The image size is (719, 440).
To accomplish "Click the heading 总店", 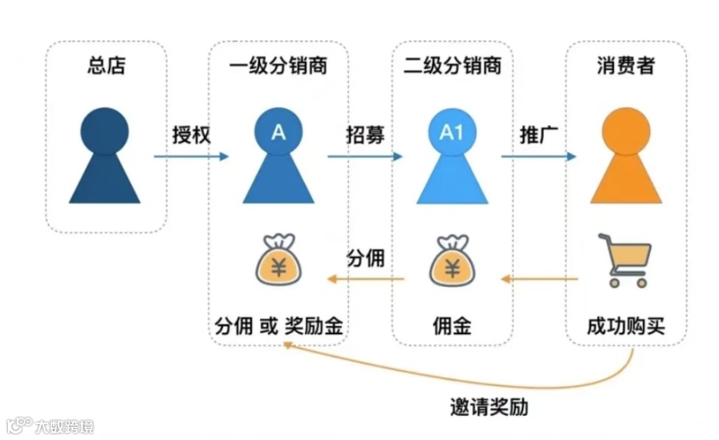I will coord(106,66).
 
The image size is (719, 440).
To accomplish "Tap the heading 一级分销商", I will coord(278,66).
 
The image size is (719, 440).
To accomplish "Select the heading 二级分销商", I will coord(452,66).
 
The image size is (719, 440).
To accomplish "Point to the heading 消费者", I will coord(626,66).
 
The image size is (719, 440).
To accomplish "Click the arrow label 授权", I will coord(191,135).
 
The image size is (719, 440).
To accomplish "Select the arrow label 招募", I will coord(365,135).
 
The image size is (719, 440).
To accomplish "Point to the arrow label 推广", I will coord(538,135).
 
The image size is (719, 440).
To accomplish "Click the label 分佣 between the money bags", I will coord(365,259).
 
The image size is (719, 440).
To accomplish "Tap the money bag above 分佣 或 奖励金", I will coord(278,260).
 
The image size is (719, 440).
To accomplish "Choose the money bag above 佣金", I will coord(452,260).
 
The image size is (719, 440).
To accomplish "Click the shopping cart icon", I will coord(625,260).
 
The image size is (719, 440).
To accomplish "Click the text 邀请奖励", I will coord(489,406).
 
